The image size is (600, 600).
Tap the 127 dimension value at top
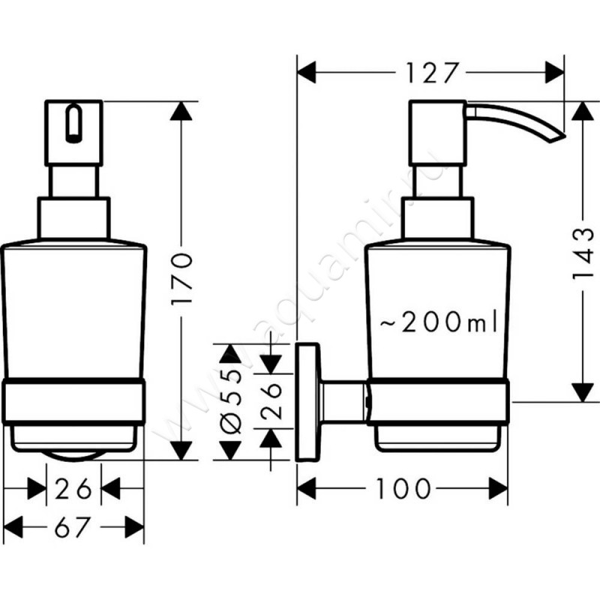pos(431,73)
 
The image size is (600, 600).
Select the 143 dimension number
pos(583,253)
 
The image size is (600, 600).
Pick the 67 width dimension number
pos(75,529)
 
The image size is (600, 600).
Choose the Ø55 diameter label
pos(229,402)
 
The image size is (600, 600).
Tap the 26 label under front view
pos(74,489)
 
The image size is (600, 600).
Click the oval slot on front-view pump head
pos(73,124)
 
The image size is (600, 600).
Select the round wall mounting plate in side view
pos(307,402)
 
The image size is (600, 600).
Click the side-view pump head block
pos(436,135)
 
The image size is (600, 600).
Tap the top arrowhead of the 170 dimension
pos(180,111)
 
